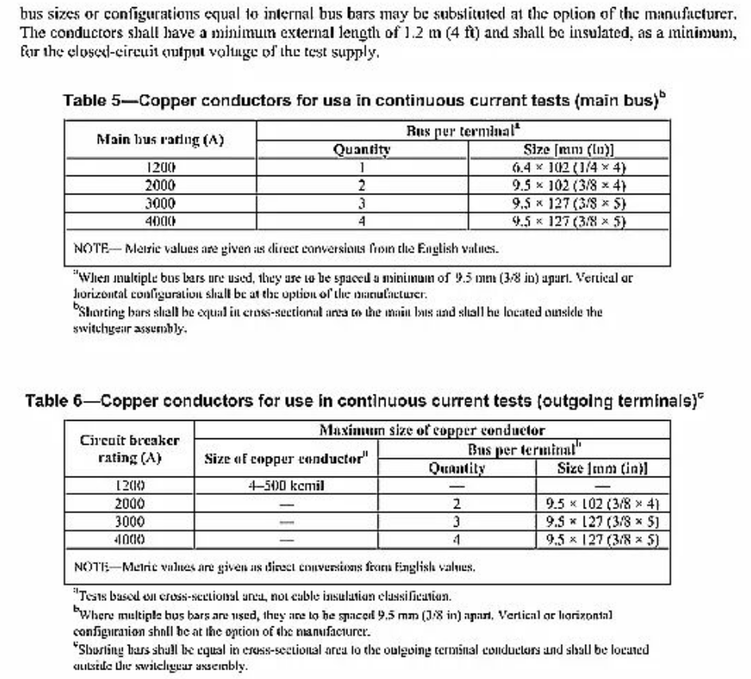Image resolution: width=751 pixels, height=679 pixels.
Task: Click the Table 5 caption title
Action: coord(364,101)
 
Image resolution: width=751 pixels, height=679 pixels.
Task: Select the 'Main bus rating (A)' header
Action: coord(159,139)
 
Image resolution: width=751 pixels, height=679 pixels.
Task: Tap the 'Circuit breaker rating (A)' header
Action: coord(130,449)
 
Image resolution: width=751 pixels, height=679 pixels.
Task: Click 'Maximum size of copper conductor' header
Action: coord(432,431)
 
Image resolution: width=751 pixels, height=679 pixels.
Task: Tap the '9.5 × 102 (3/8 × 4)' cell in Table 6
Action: coord(603,504)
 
